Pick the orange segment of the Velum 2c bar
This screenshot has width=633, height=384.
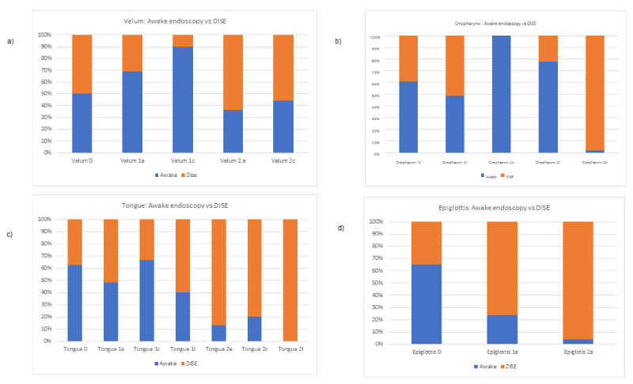click(282, 67)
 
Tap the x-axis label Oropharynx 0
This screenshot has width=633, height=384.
click(408, 162)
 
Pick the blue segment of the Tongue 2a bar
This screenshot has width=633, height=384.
click(218, 333)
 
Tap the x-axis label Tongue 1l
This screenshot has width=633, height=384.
click(184, 348)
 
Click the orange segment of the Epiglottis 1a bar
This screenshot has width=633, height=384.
click(503, 269)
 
